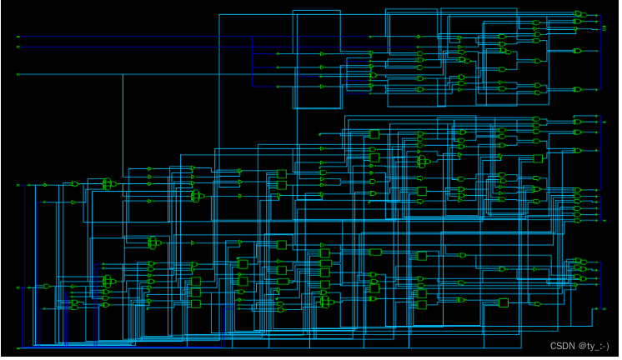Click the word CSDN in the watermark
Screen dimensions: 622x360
[564, 345]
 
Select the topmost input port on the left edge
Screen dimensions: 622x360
[18, 37]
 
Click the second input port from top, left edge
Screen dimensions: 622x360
[18, 47]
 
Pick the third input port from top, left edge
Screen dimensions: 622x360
[18, 74]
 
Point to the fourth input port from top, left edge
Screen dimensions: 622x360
[18, 184]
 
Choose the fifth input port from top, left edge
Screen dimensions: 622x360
[18, 287]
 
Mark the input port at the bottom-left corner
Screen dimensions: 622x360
[18, 347]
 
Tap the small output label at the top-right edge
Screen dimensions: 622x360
[604, 28]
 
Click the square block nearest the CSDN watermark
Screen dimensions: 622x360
[503, 302]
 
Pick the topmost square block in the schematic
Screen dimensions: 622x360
[374, 133]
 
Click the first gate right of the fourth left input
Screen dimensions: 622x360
[74, 184]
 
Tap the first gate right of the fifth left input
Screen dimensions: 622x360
[47, 287]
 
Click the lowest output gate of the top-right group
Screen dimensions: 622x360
[577, 88]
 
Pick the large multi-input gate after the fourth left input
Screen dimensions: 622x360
[107, 184]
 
